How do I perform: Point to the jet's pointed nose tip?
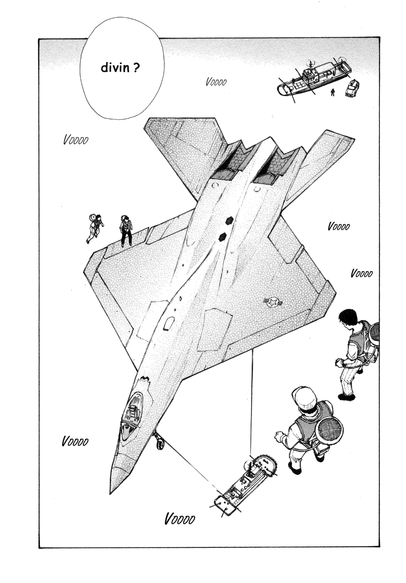coord(111,493)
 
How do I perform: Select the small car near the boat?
coord(352,88)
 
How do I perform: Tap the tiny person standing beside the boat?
coord(333,92)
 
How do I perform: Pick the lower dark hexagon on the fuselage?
coord(222,237)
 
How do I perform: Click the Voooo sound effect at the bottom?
coord(180,526)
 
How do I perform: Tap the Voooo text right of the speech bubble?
coord(216,82)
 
